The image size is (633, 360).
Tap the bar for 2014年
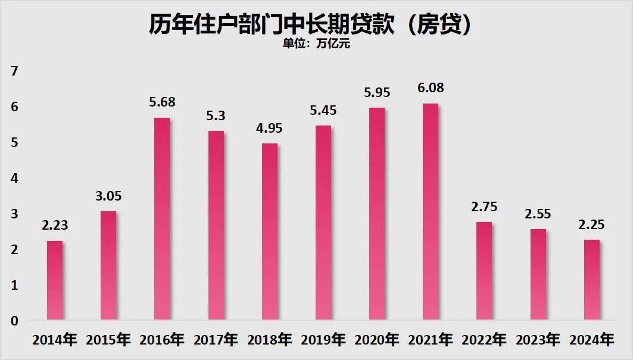(55, 280)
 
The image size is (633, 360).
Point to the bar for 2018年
(270, 231)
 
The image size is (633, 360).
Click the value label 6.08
(431, 88)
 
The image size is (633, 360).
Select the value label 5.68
(162, 102)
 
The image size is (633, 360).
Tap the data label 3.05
(108, 196)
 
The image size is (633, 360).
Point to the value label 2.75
(484, 207)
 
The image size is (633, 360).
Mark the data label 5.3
(216, 116)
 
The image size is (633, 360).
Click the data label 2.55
(538, 214)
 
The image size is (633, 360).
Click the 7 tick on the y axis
(15, 71)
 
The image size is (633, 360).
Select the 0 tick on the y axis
(15, 321)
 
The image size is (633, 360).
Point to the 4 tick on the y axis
(15, 178)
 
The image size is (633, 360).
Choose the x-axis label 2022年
(484, 340)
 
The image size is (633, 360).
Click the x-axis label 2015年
(108, 340)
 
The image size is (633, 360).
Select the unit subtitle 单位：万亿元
(316, 44)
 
